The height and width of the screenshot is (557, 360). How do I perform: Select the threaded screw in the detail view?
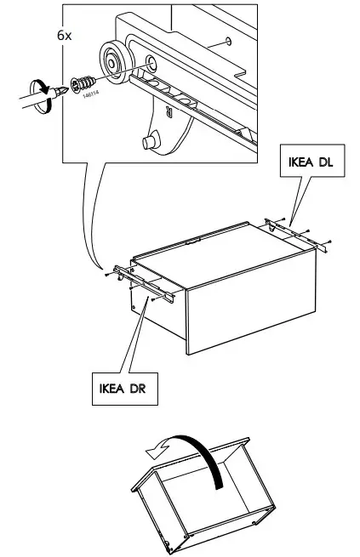[x=85, y=84]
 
